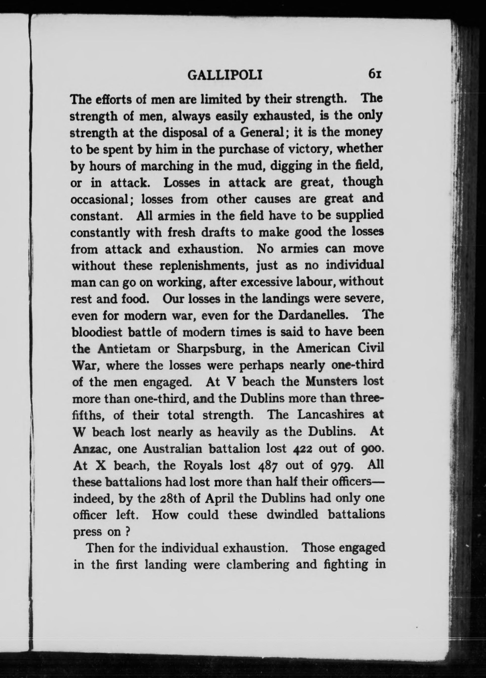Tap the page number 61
(x=375, y=73)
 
